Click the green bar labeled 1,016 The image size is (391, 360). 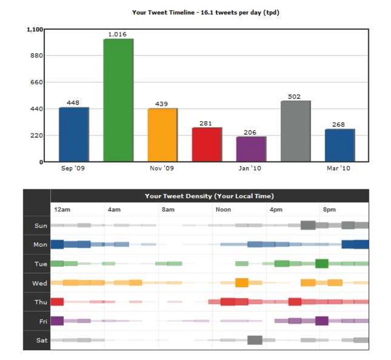118,100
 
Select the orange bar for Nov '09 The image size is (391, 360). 162,135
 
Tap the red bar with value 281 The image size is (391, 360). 207,145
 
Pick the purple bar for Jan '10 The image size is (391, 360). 251,149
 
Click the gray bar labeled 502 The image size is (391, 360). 295,131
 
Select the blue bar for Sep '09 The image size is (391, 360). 74,134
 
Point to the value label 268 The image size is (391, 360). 340,124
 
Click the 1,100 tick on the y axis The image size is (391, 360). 35,30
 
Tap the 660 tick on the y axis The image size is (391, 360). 37,83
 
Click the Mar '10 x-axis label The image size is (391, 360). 339,169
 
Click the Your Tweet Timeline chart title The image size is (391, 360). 197,12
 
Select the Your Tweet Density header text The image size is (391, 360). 209,196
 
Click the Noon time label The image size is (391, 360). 224,210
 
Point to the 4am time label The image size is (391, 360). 114,210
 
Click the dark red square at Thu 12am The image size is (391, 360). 57,301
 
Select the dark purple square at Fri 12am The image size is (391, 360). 57,320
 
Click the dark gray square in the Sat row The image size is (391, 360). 255,340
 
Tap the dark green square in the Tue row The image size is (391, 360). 321,264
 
